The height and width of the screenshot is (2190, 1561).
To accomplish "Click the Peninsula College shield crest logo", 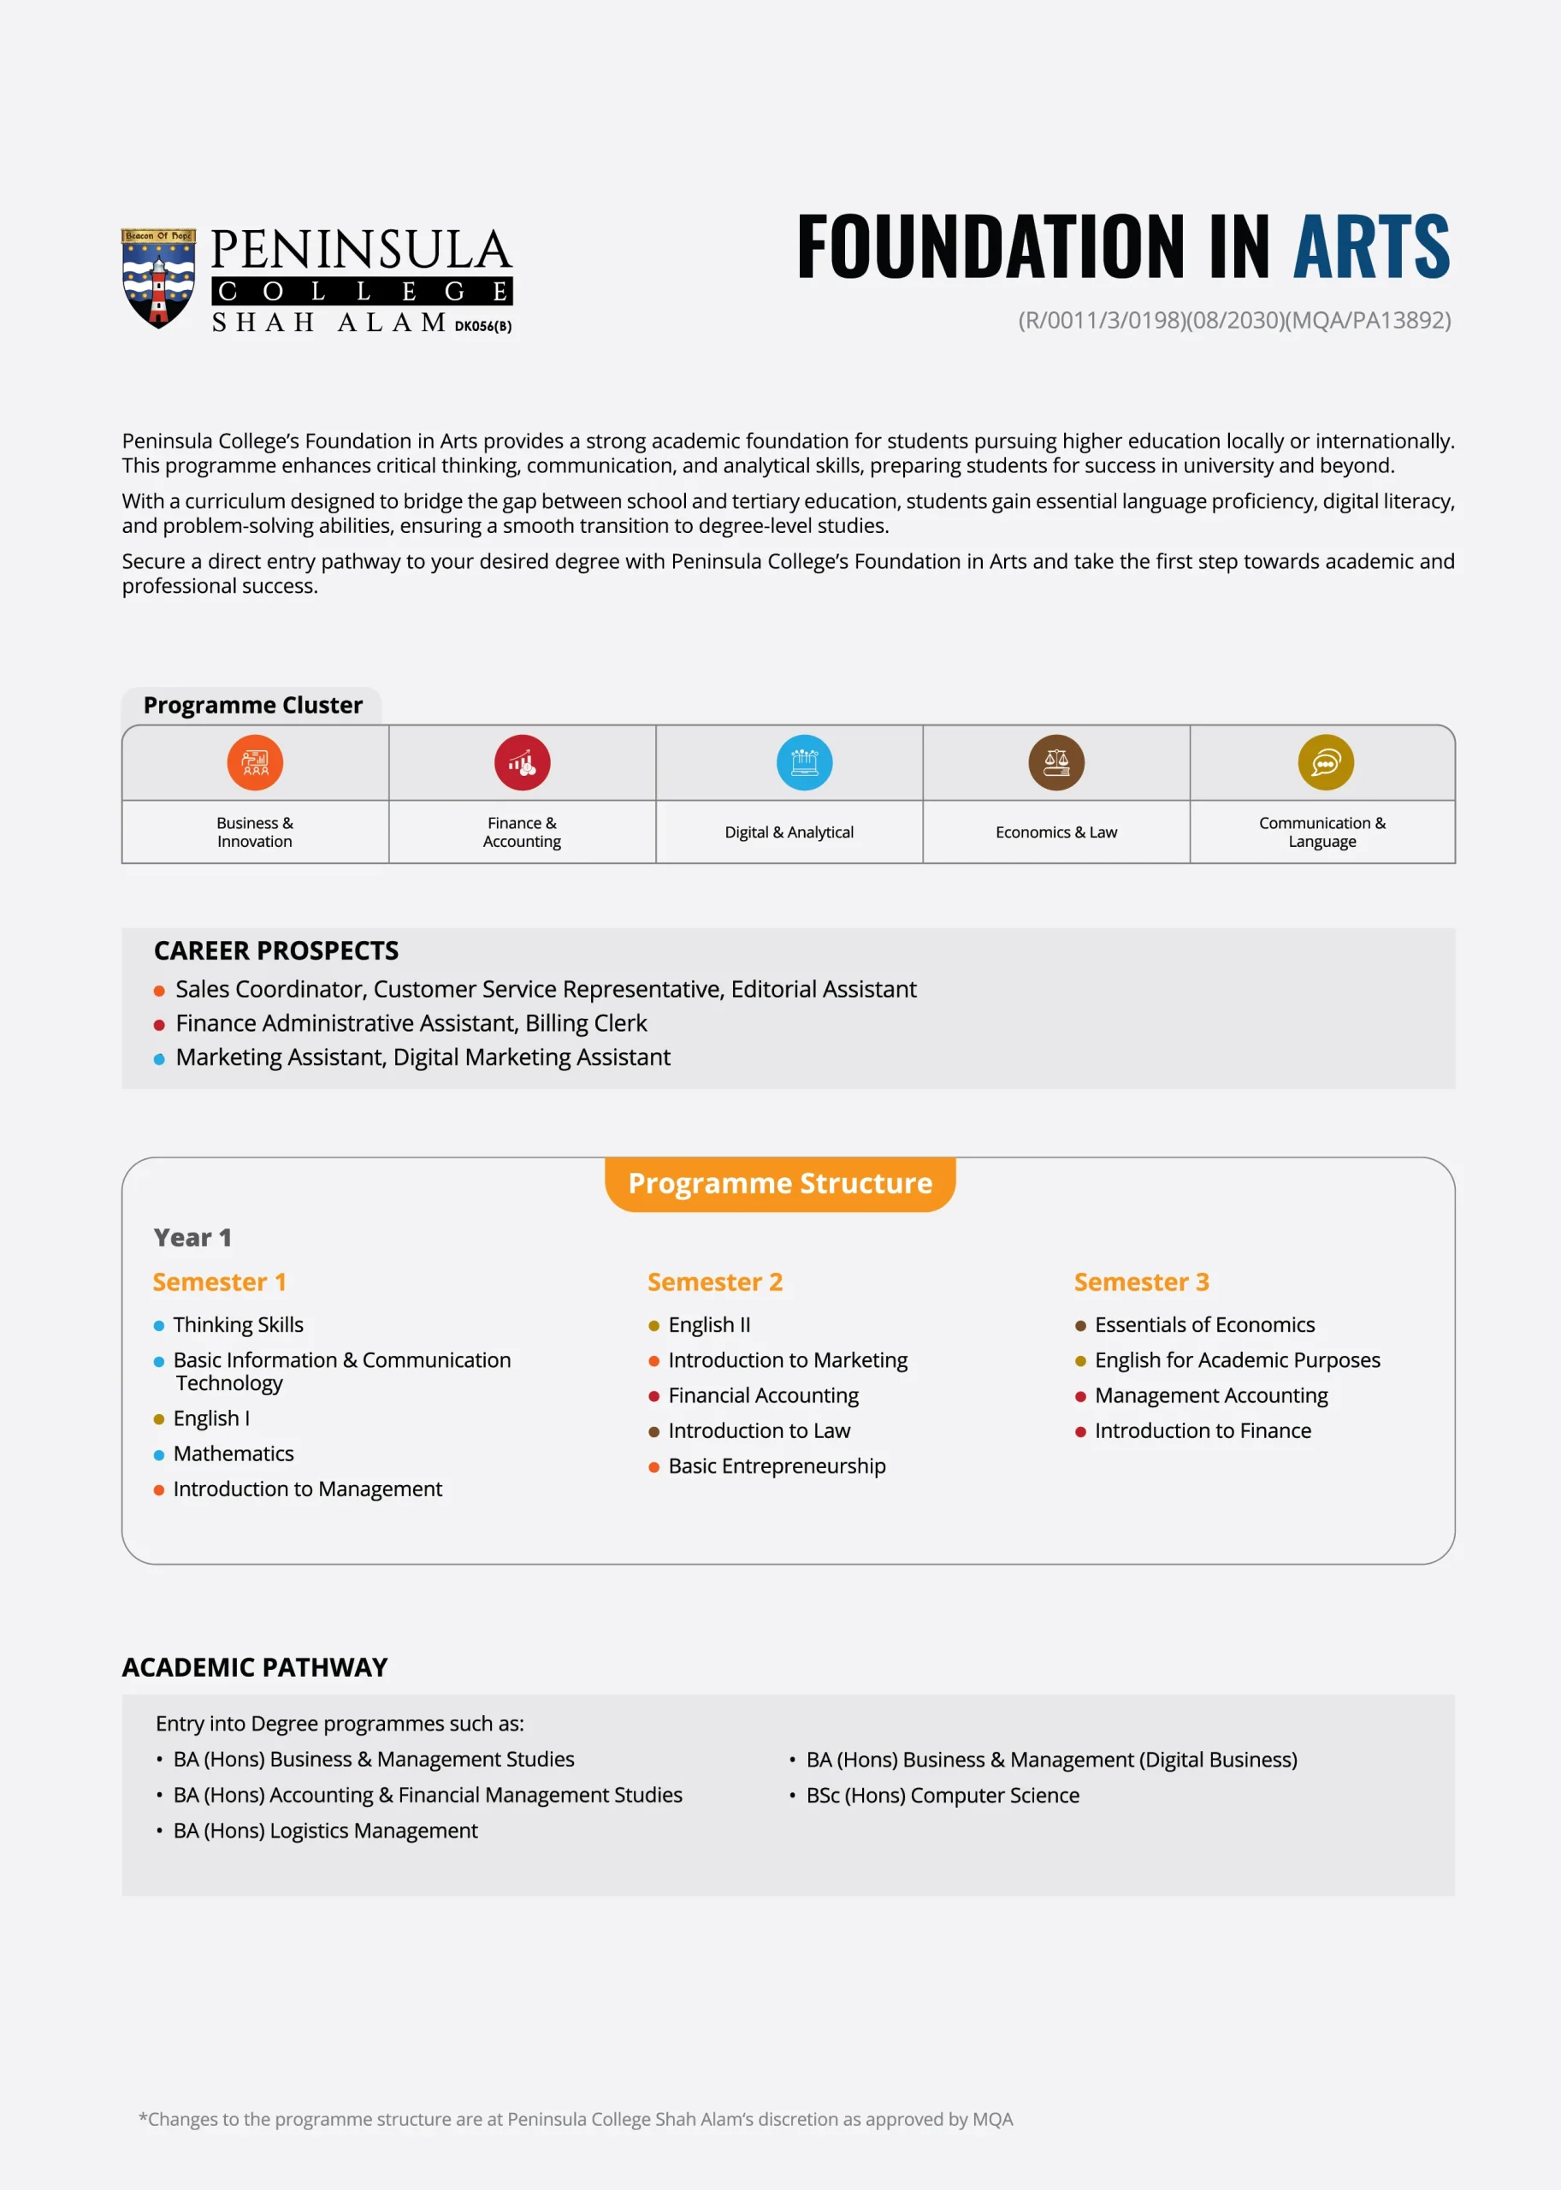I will point(158,278).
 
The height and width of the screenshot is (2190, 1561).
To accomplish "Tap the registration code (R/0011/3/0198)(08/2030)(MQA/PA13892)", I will point(1234,320).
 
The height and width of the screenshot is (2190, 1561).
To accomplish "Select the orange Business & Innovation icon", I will point(255,762).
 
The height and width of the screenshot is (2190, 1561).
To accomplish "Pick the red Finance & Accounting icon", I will point(522,762).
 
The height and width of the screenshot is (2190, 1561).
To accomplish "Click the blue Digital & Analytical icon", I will point(805,762).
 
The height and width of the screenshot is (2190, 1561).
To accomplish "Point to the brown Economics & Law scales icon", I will point(1056,762).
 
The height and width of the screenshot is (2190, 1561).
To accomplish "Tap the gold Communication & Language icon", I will point(1326,762).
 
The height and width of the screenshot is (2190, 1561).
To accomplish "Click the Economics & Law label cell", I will point(1056,832).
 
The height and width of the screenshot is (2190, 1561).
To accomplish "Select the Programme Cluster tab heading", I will point(253,706).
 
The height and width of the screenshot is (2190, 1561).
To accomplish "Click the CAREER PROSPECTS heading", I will point(276,950).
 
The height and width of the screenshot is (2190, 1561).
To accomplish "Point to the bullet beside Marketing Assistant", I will point(160,1059).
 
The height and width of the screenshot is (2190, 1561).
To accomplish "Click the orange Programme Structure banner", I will point(779,1183).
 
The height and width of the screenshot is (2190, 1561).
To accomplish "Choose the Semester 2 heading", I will point(715,1282).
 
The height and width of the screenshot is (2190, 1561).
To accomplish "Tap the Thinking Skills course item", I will point(238,1325).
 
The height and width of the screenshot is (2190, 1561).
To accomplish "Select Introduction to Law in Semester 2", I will point(759,1430).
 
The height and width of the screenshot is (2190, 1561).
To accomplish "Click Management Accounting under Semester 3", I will point(1210,1395).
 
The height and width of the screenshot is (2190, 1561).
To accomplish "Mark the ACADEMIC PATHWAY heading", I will point(255,1667).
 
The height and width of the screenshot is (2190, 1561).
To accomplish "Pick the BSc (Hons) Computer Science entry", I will point(942,1795).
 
